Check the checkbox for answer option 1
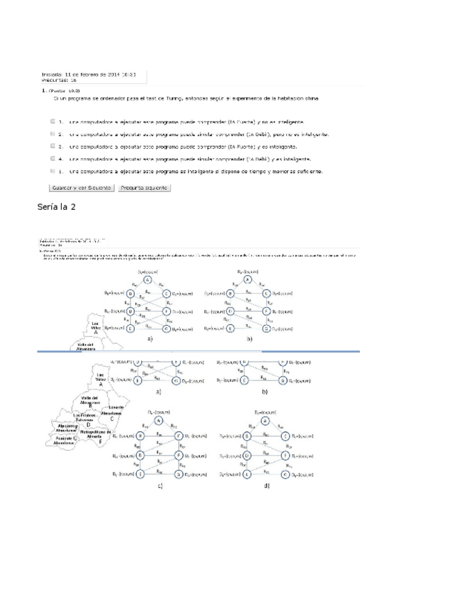(x=53, y=120)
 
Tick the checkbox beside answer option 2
(x=53, y=133)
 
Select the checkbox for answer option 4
(x=53, y=158)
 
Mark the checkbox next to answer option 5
(x=53, y=170)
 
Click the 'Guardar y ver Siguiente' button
(x=78, y=188)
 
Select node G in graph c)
(x=179, y=474)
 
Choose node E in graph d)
(x=247, y=474)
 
